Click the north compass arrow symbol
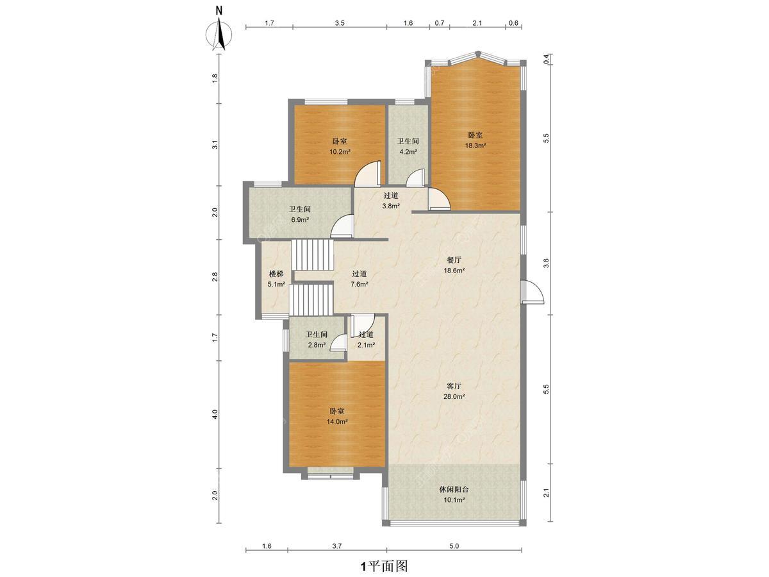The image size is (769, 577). coord(219,33)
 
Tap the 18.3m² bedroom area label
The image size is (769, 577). coord(475,146)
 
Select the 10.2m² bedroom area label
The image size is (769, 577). coord(340,152)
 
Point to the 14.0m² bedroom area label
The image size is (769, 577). coord(336,422)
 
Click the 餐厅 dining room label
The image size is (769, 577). coord(454,260)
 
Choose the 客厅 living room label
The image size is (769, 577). coord(454,386)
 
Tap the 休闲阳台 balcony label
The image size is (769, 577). coord(454,489)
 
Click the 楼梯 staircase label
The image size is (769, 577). coord(276,274)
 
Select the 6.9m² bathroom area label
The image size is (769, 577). coord(299,220)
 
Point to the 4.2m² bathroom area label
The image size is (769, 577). coord(408,152)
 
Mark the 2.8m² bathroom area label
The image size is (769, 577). coord(317,345)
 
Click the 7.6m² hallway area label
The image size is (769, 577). coord(359,285)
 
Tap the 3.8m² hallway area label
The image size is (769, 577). coord(391,206)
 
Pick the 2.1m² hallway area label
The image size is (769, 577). coord(366,345)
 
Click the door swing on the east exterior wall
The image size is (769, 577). coord(532,292)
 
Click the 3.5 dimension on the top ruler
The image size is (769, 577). coord(340,23)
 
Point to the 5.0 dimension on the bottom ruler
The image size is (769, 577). coord(454,546)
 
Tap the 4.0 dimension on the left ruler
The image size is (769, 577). coord(215,414)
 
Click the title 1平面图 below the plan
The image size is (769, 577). coord(384,565)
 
